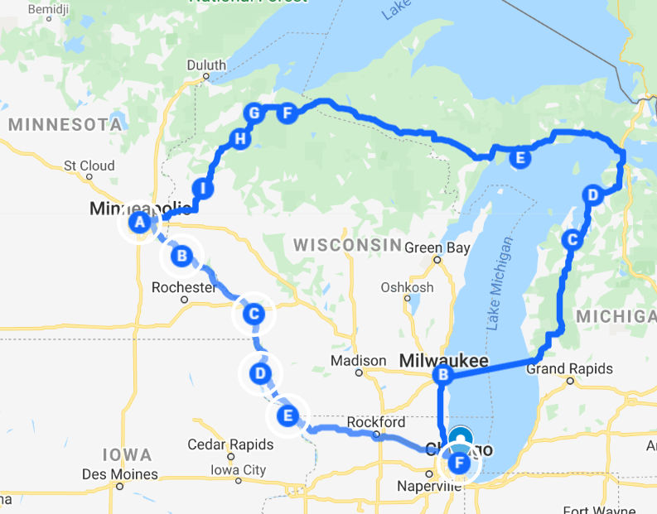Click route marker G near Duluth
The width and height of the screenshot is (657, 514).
[254, 113]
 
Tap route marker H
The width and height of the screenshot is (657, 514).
[240, 138]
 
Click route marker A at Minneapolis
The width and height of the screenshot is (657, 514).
[139, 222]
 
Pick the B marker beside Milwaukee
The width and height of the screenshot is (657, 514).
[443, 376]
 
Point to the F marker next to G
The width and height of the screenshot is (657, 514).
[287, 113]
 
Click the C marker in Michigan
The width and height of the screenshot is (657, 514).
[571, 240]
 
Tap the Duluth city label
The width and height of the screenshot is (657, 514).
[206, 65]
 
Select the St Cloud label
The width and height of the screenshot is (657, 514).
[89, 166]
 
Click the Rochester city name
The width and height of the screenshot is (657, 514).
[184, 288]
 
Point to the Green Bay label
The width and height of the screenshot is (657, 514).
[437, 247]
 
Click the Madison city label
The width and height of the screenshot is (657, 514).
[358, 361]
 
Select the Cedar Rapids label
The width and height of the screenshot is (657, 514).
[229, 444]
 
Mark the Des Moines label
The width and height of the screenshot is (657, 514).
[119, 474]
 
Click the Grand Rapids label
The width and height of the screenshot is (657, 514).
[570, 368]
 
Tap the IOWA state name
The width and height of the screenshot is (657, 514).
[127, 454]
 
